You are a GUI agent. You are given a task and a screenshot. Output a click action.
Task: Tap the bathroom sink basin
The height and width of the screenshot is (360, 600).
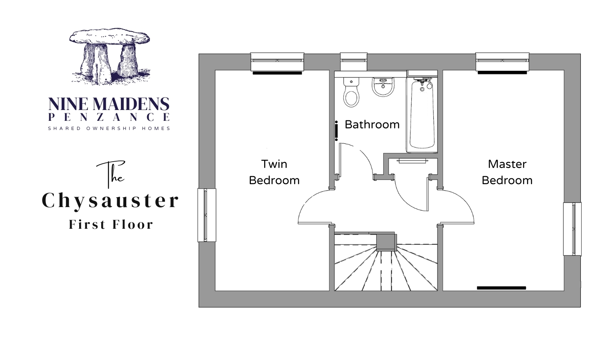[x=383, y=87]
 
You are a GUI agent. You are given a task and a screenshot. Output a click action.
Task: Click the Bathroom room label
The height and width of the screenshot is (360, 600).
[x=372, y=125]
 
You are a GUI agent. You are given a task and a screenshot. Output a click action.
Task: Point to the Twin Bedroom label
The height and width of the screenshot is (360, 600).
[x=274, y=172]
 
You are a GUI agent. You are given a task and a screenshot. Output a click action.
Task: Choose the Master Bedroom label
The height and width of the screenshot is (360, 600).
[x=507, y=172]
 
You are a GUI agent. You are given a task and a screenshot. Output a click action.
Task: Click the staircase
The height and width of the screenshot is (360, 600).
[x=386, y=262]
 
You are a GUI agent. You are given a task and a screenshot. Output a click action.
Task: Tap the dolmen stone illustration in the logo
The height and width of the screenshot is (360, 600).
[x=110, y=56]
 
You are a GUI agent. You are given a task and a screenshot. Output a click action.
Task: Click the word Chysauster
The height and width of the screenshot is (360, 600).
[x=110, y=201]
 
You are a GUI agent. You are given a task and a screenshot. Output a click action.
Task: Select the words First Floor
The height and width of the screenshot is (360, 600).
[x=111, y=225]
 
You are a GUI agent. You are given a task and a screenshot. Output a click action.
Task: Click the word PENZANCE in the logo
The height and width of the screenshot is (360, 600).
[x=109, y=117]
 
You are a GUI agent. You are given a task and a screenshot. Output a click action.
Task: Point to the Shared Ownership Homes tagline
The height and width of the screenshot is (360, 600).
[x=109, y=129]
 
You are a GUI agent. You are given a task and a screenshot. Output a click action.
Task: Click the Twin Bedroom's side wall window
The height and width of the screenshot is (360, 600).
[x=207, y=215]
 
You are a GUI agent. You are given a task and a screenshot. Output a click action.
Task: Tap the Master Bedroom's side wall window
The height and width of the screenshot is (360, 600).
[x=572, y=229]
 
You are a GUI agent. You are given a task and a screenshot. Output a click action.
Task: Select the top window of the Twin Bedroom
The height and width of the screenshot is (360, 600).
[x=277, y=62]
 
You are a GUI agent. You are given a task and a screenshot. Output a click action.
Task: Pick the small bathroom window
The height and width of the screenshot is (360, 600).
[x=354, y=61]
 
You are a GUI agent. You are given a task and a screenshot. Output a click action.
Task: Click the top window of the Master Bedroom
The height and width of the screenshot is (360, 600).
[x=502, y=62]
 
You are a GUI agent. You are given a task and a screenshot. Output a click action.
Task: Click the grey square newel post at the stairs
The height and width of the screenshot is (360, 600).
[x=386, y=242]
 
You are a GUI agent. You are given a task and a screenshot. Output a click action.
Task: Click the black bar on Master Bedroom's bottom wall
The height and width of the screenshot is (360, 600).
[x=501, y=288]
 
